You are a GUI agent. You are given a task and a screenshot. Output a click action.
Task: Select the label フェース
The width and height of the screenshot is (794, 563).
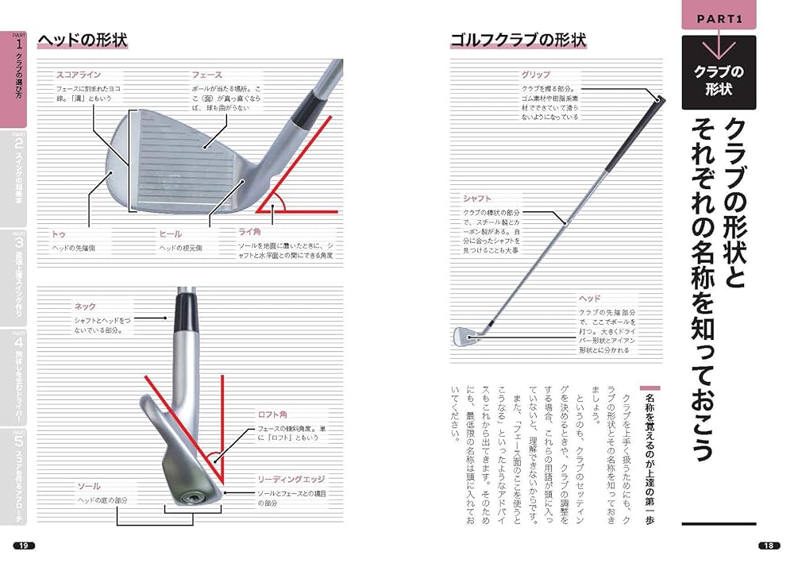tap(206, 75)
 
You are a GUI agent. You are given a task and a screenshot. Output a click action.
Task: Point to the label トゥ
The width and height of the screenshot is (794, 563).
tap(59, 234)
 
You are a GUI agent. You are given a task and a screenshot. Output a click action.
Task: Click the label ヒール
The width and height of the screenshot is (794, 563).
tap(171, 234)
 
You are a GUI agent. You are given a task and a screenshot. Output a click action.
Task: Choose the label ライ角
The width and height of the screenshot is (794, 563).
tap(250, 233)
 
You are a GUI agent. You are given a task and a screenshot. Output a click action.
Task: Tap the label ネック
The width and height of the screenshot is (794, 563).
tap(85, 307)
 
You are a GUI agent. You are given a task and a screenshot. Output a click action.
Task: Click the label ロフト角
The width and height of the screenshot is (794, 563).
tap(272, 415)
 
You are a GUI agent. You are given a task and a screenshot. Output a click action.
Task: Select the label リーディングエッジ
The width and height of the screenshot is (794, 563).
tap(291, 480)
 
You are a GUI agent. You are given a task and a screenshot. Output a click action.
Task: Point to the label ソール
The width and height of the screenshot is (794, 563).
tap(88, 485)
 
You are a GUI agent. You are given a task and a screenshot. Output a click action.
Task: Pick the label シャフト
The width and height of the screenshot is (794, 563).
tap(477, 199)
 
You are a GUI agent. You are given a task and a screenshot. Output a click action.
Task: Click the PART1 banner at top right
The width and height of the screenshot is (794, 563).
tap(719, 17)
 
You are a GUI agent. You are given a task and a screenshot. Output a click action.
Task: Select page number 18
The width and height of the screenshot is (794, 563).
tap(768, 545)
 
